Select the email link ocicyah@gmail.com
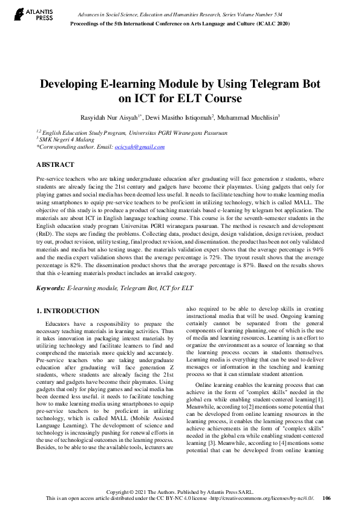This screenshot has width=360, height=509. point(140,146)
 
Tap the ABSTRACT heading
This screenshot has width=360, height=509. point(55,164)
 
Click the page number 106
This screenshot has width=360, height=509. point(327,498)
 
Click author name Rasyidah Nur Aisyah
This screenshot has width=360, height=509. point(130,116)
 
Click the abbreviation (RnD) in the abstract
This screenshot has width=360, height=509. point(45,233)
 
